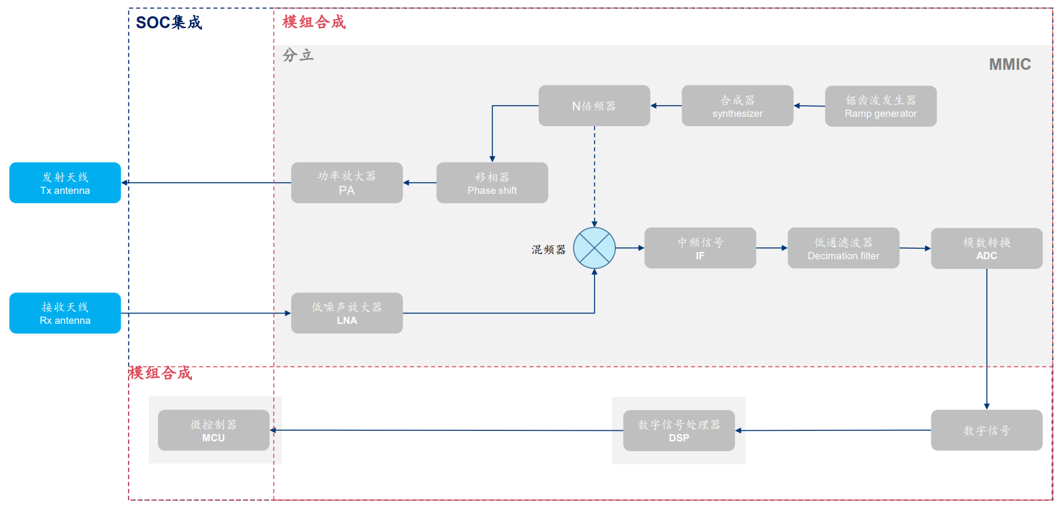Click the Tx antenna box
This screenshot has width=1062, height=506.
65,183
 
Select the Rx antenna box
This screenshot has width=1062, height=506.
65,313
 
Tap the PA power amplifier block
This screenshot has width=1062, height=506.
347,183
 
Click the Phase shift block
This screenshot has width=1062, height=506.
492,183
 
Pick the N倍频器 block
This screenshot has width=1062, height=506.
594,106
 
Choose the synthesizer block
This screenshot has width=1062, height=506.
737,106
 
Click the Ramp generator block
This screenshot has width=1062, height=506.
881,106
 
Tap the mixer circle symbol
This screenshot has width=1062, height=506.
594,248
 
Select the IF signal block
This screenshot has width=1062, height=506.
700,248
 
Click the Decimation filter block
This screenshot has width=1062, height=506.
843,248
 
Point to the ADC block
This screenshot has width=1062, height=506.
987,249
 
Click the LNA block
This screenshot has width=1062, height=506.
347,313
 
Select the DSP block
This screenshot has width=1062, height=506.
679,431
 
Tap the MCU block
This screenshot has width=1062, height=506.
213,430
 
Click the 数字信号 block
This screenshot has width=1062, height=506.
987,430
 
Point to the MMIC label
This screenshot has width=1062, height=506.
1010,64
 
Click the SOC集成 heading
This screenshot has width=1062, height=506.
169,22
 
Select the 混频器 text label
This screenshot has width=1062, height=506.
548,249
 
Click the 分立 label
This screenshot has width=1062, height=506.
298,55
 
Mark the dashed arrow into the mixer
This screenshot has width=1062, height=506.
595,176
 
